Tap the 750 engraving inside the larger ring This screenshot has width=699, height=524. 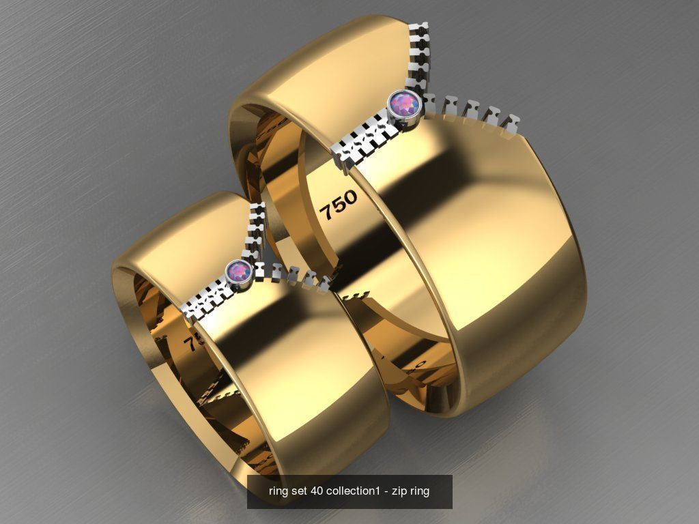click(x=338, y=204)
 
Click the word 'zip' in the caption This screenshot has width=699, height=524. click(x=399, y=491)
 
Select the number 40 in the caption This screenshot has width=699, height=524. click(x=317, y=491)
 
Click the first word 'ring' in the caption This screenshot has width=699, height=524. click(x=279, y=491)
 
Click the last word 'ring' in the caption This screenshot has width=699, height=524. click(x=420, y=491)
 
